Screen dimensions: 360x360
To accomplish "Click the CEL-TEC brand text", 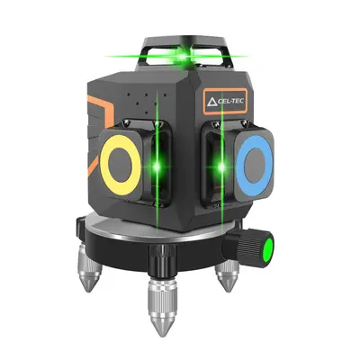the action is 231,102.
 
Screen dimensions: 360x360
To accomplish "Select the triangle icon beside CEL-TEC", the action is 211,102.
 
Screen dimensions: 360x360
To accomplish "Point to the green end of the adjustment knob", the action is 268,249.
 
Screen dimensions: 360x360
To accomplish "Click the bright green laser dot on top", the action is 182,56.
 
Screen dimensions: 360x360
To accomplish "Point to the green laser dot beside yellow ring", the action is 157,166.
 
